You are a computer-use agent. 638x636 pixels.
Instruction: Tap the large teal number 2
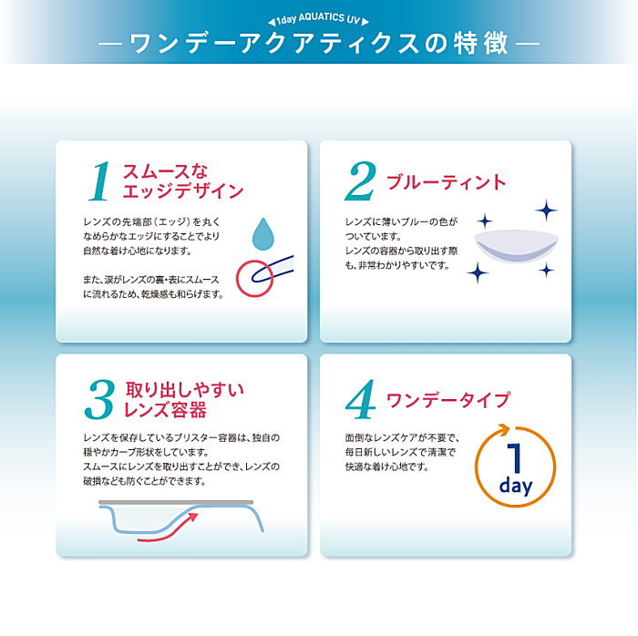point(361,181)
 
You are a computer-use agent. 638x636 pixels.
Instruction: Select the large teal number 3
point(99,400)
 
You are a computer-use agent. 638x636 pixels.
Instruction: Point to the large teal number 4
point(361,399)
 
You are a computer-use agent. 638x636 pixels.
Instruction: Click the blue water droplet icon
point(262,234)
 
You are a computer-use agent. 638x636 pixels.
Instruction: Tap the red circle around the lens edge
point(254,279)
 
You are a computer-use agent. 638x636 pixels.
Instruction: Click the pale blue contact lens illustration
point(517,246)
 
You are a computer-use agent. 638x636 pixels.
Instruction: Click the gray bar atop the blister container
point(176,502)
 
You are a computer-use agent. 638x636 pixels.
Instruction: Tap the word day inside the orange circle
point(516,486)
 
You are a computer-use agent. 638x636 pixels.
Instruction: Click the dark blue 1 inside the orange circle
point(515,457)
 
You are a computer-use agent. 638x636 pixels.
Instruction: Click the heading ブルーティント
point(447,181)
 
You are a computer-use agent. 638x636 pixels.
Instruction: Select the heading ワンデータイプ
point(448,400)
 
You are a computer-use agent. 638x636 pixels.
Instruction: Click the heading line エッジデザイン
point(183,190)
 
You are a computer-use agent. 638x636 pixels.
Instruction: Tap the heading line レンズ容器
point(166,409)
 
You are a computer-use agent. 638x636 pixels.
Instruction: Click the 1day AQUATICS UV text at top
point(318,19)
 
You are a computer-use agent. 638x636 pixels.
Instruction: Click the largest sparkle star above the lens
point(546,210)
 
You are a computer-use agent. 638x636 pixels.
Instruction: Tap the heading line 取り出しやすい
point(184,390)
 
